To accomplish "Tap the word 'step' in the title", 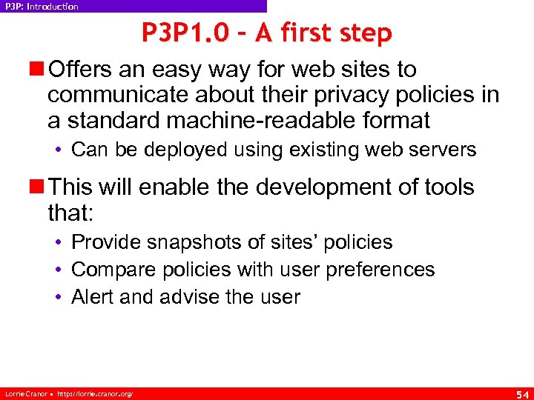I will pyautogui.click(x=362, y=34).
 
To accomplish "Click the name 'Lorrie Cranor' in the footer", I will pyautogui.click(x=22, y=393).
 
